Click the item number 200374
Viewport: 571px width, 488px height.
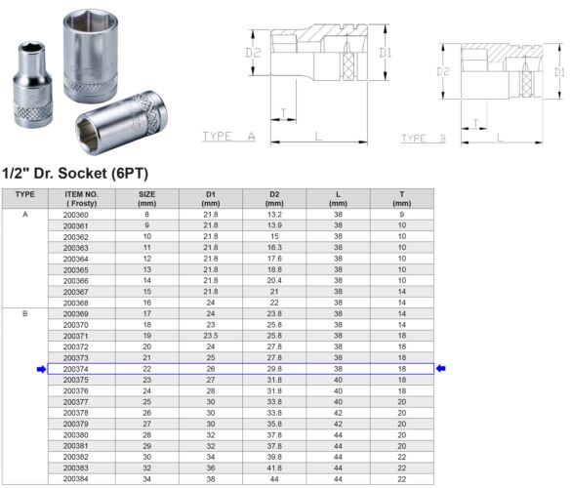click(74, 368)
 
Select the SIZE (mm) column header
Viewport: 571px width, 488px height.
click(147, 198)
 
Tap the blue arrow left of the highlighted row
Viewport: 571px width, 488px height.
click(40, 368)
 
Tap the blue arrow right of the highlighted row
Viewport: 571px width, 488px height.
click(441, 368)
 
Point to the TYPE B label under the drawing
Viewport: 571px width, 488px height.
click(423, 139)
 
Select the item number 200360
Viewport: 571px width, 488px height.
click(74, 215)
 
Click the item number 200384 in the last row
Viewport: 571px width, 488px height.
click(74, 479)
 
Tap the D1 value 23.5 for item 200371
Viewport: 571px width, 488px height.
click(210, 335)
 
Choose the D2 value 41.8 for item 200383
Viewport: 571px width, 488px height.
click(274, 468)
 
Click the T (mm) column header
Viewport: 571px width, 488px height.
click(402, 198)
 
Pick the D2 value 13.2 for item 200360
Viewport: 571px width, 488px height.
click(274, 215)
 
